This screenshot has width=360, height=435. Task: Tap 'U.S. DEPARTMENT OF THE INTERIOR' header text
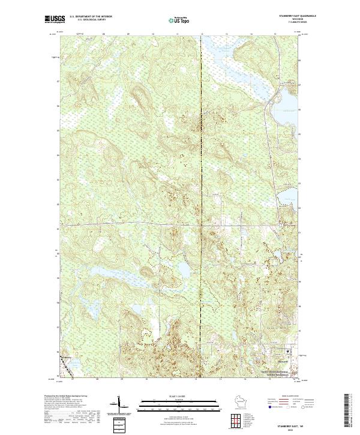pyautogui.click(x=91, y=16)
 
